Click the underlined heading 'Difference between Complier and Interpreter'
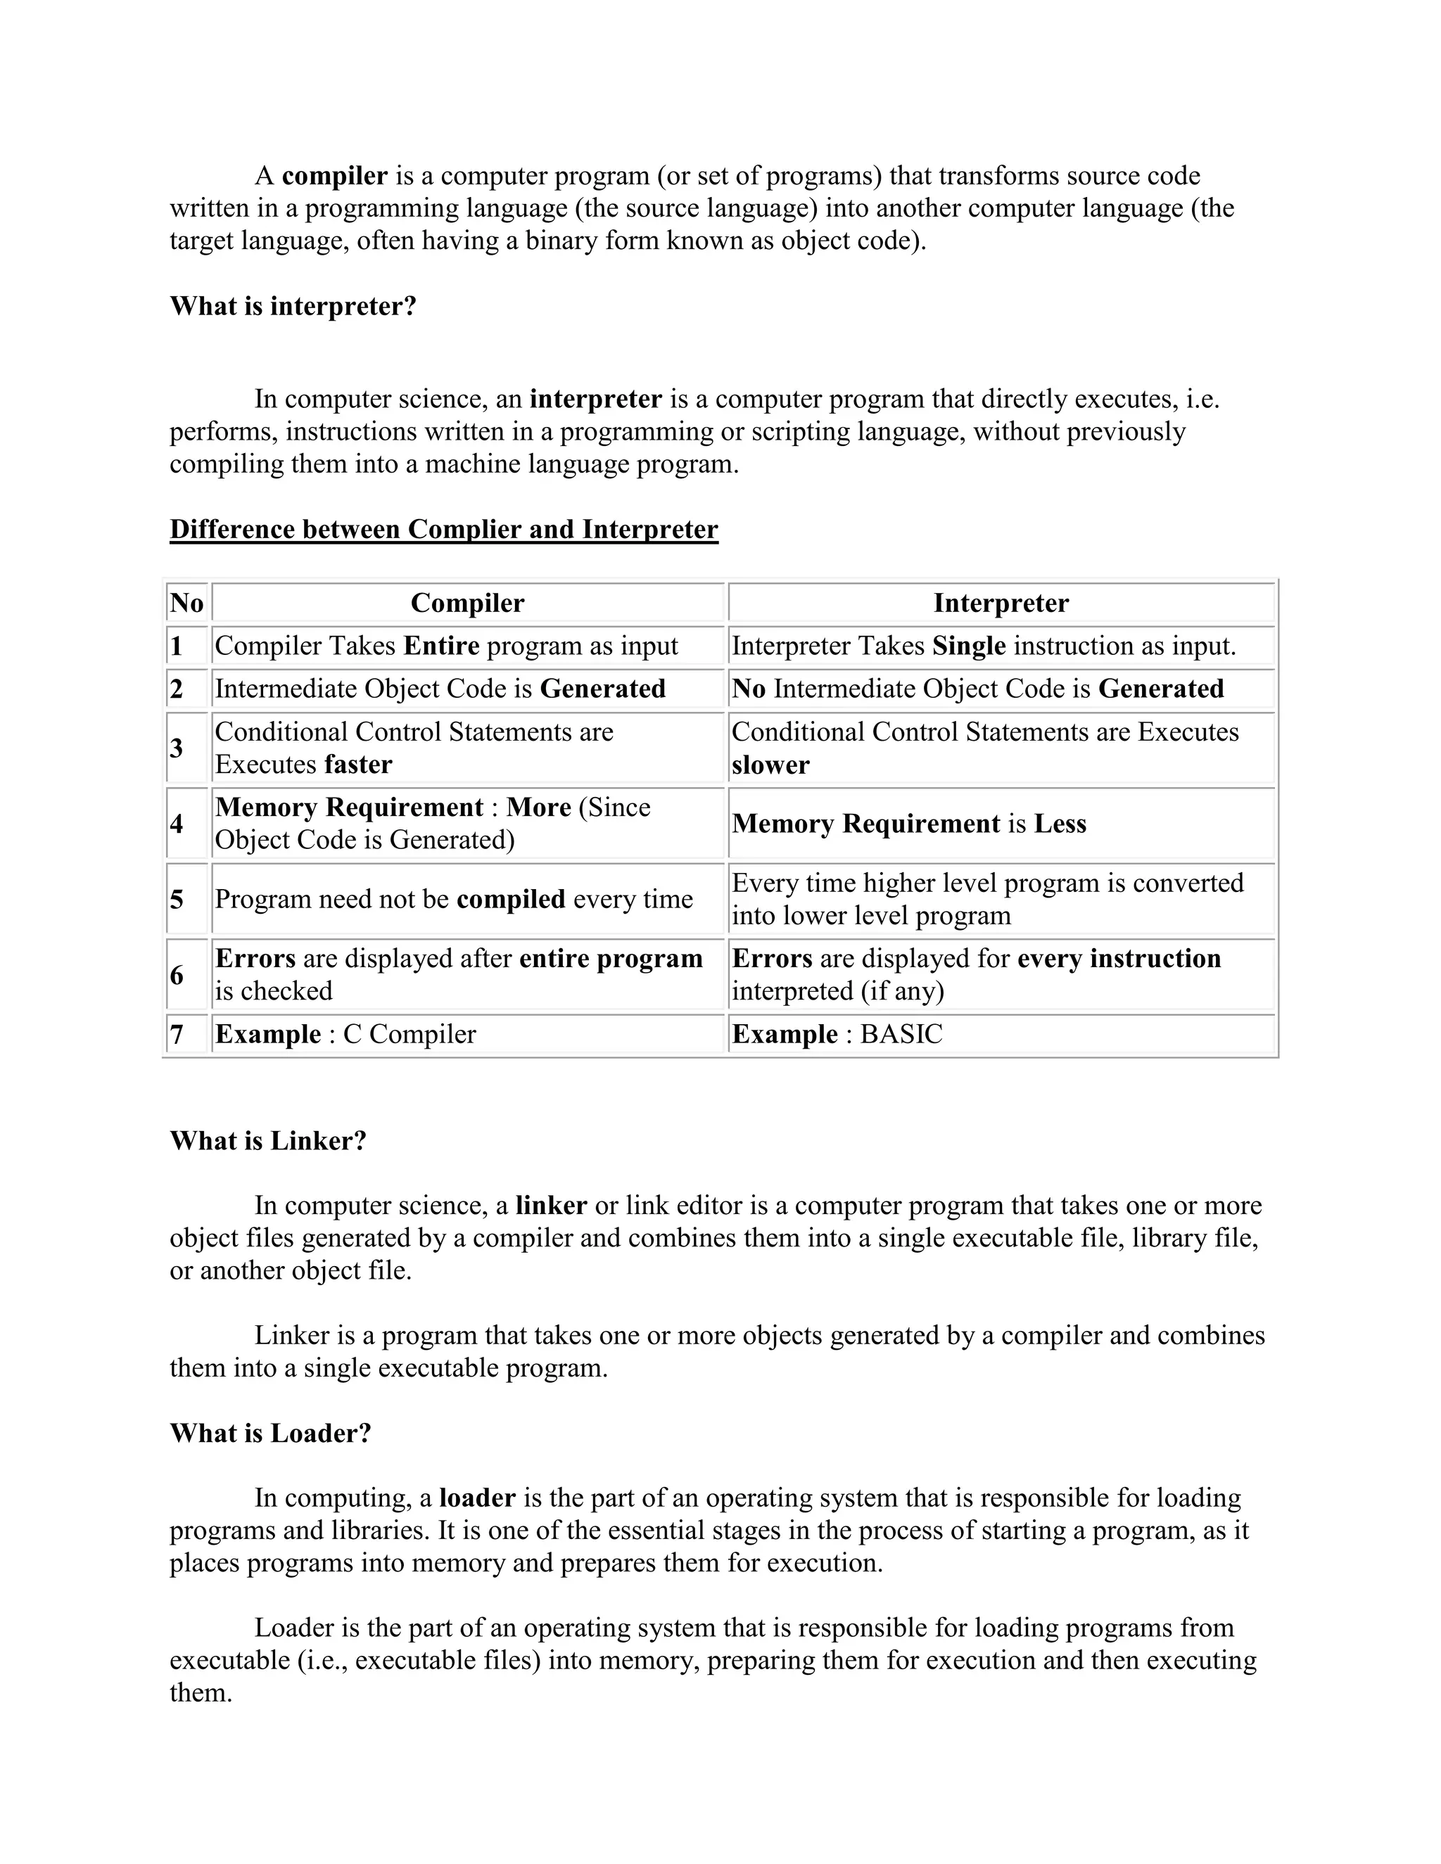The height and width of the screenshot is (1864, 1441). pyautogui.click(x=444, y=530)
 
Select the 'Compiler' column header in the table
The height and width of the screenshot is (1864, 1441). pyautogui.click(x=467, y=604)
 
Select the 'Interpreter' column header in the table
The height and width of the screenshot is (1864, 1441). pyautogui.click(x=1001, y=604)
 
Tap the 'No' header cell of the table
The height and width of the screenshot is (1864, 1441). pyautogui.click(x=186, y=604)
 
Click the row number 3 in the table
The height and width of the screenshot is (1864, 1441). pyautogui.click(x=177, y=748)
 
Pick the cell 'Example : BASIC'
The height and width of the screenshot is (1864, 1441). pyautogui.click(x=837, y=1035)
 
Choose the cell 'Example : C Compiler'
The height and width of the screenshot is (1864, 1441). pyautogui.click(x=345, y=1035)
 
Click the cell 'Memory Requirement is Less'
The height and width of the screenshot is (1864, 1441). pyautogui.click(x=909, y=824)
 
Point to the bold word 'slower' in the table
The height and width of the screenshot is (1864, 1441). pyautogui.click(x=770, y=765)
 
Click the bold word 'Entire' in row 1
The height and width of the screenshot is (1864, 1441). pyautogui.click(x=440, y=646)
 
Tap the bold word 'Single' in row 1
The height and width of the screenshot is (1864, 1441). pyautogui.click(x=969, y=646)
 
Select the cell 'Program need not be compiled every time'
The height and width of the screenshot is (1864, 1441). pyautogui.click(x=453, y=900)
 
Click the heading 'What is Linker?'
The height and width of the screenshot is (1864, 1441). pyautogui.click(x=268, y=1141)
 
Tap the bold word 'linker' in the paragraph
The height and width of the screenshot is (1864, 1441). pyautogui.click(x=551, y=1206)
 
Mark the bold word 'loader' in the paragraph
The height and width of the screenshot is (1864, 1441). pyautogui.click(x=477, y=1498)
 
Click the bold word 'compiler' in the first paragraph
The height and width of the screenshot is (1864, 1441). pyautogui.click(x=335, y=177)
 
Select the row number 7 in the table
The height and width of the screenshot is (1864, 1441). pyautogui.click(x=177, y=1035)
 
